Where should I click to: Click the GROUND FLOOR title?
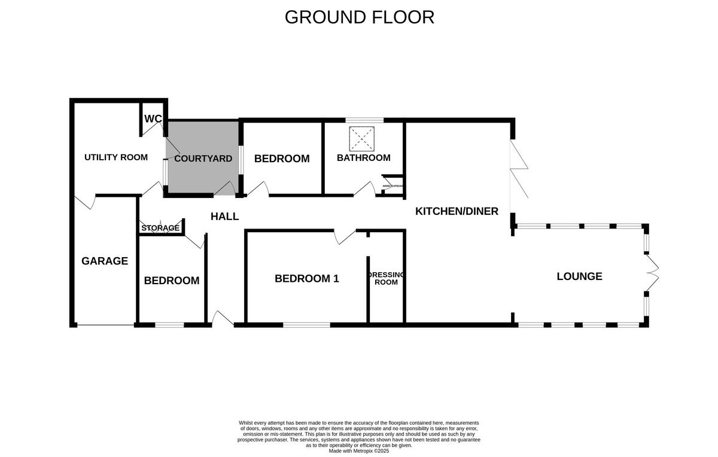point(359,17)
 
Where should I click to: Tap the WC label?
point(153,119)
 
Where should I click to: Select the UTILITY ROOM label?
point(115,157)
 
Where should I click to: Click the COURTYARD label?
point(203,159)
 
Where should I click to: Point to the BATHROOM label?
point(363,158)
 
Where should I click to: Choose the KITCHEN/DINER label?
point(457,211)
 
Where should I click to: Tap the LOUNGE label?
point(579,276)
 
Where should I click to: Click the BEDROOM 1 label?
point(306,278)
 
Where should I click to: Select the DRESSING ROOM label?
point(386,278)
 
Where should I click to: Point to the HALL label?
point(224,217)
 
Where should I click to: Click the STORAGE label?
point(160,228)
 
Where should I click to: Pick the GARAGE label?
point(105,261)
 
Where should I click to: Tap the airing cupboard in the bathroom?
point(393,186)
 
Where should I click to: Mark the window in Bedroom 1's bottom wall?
point(306,325)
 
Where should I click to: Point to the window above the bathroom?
point(364,120)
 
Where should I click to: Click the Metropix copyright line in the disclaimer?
point(359,450)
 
